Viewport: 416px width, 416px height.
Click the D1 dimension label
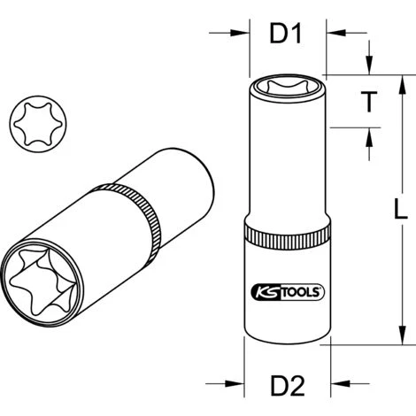coord(285,35)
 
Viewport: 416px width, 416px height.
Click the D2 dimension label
coord(286,385)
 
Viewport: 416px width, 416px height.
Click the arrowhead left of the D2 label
coord(235,385)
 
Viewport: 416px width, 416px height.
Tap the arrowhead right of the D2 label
coord(337,385)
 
